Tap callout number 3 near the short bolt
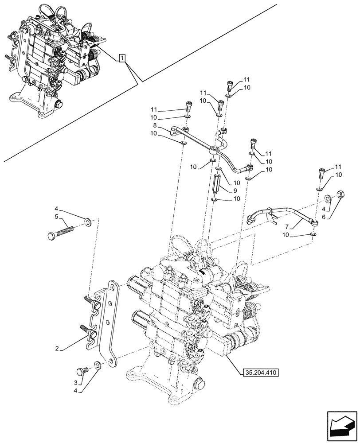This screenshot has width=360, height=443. tap(76, 383)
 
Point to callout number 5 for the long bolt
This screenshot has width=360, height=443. tap(57, 217)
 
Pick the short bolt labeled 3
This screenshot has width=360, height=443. tap(83, 371)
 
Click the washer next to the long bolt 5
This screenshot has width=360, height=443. tap(87, 221)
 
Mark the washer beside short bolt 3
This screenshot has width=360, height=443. tap(97, 366)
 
